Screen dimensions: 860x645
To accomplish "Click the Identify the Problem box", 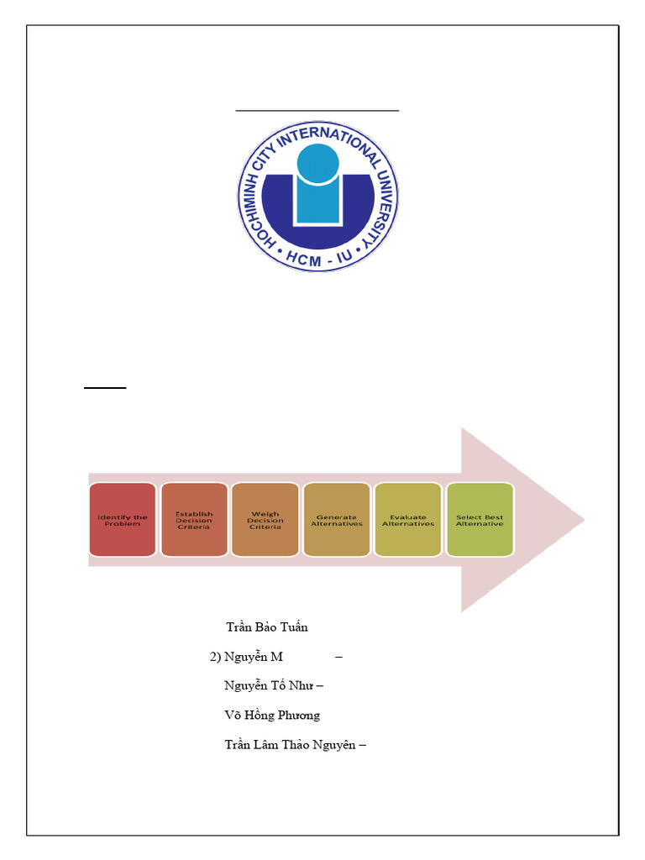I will tap(122, 520).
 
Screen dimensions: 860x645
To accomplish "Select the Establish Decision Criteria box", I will tap(194, 520).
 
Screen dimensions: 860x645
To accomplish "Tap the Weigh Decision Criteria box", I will tap(265, 520).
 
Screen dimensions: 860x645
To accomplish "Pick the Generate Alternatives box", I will tap(337, 520).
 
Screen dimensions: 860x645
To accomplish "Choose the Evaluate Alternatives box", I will tap(408, 520).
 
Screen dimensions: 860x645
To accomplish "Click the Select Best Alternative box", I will tap(480, 520).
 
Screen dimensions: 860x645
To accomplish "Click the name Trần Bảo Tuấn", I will tap(267, 627).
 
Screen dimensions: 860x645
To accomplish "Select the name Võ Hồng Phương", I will tap(272, 716).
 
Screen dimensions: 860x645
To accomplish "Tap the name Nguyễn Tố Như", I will tap(268, 686).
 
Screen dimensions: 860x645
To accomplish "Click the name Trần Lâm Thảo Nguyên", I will tap(291, 745).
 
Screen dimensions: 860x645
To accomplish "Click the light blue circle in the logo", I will tap(318, 164).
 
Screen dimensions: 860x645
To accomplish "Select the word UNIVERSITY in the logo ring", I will tap(382, 210).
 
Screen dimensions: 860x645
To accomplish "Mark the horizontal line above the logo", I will tap(317, 110).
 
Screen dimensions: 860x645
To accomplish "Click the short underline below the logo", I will tap(104, 388).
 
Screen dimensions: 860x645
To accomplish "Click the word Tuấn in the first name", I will tap(295, 627).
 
